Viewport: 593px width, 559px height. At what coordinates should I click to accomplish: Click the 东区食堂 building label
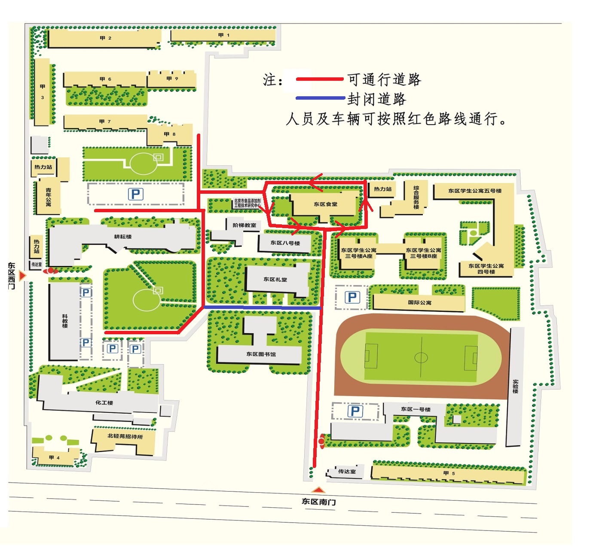click(x=325, y=204)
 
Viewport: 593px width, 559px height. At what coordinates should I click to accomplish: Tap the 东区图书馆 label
click(x=261, y=354)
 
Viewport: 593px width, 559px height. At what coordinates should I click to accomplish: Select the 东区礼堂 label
click(x=275, y=279)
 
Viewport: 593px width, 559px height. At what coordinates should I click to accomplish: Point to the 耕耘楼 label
click(x=123, y=237)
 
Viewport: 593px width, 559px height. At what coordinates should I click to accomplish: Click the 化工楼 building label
click(x=104, y=403)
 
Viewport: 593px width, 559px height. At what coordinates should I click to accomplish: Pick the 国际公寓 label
click(x=419, y=302)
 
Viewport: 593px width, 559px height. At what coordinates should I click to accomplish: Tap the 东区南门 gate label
click(x=318, y=501)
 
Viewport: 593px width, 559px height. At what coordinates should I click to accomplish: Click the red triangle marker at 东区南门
click(x=318, y=490)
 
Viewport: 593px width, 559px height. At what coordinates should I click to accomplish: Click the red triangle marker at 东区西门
click(x=22, y=275)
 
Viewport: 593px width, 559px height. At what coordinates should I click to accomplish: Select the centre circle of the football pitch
click(x=421, y=357)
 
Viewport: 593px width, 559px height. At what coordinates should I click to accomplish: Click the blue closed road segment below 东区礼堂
click(x=262, y=308)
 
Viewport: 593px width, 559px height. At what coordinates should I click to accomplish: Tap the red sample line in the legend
click(x=320, y=79)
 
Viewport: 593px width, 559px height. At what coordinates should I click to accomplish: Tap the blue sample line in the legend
click(x=320, y=98)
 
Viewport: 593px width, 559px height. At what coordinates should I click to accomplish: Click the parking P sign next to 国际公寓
click(x=352, y=297)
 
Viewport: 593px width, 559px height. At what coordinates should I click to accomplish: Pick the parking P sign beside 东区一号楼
click(x=355, y=411)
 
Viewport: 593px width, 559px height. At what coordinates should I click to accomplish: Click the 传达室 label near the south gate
click(x=347, y=471)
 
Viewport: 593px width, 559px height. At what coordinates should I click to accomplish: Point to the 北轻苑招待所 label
click(x=125, y=436)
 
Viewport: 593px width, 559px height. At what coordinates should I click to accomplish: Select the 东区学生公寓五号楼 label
click(x=474, y=191)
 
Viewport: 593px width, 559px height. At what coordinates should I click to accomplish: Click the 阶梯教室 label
click(x=244, y=225)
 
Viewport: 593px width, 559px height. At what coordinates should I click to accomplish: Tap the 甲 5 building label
click(x=449, y=473)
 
